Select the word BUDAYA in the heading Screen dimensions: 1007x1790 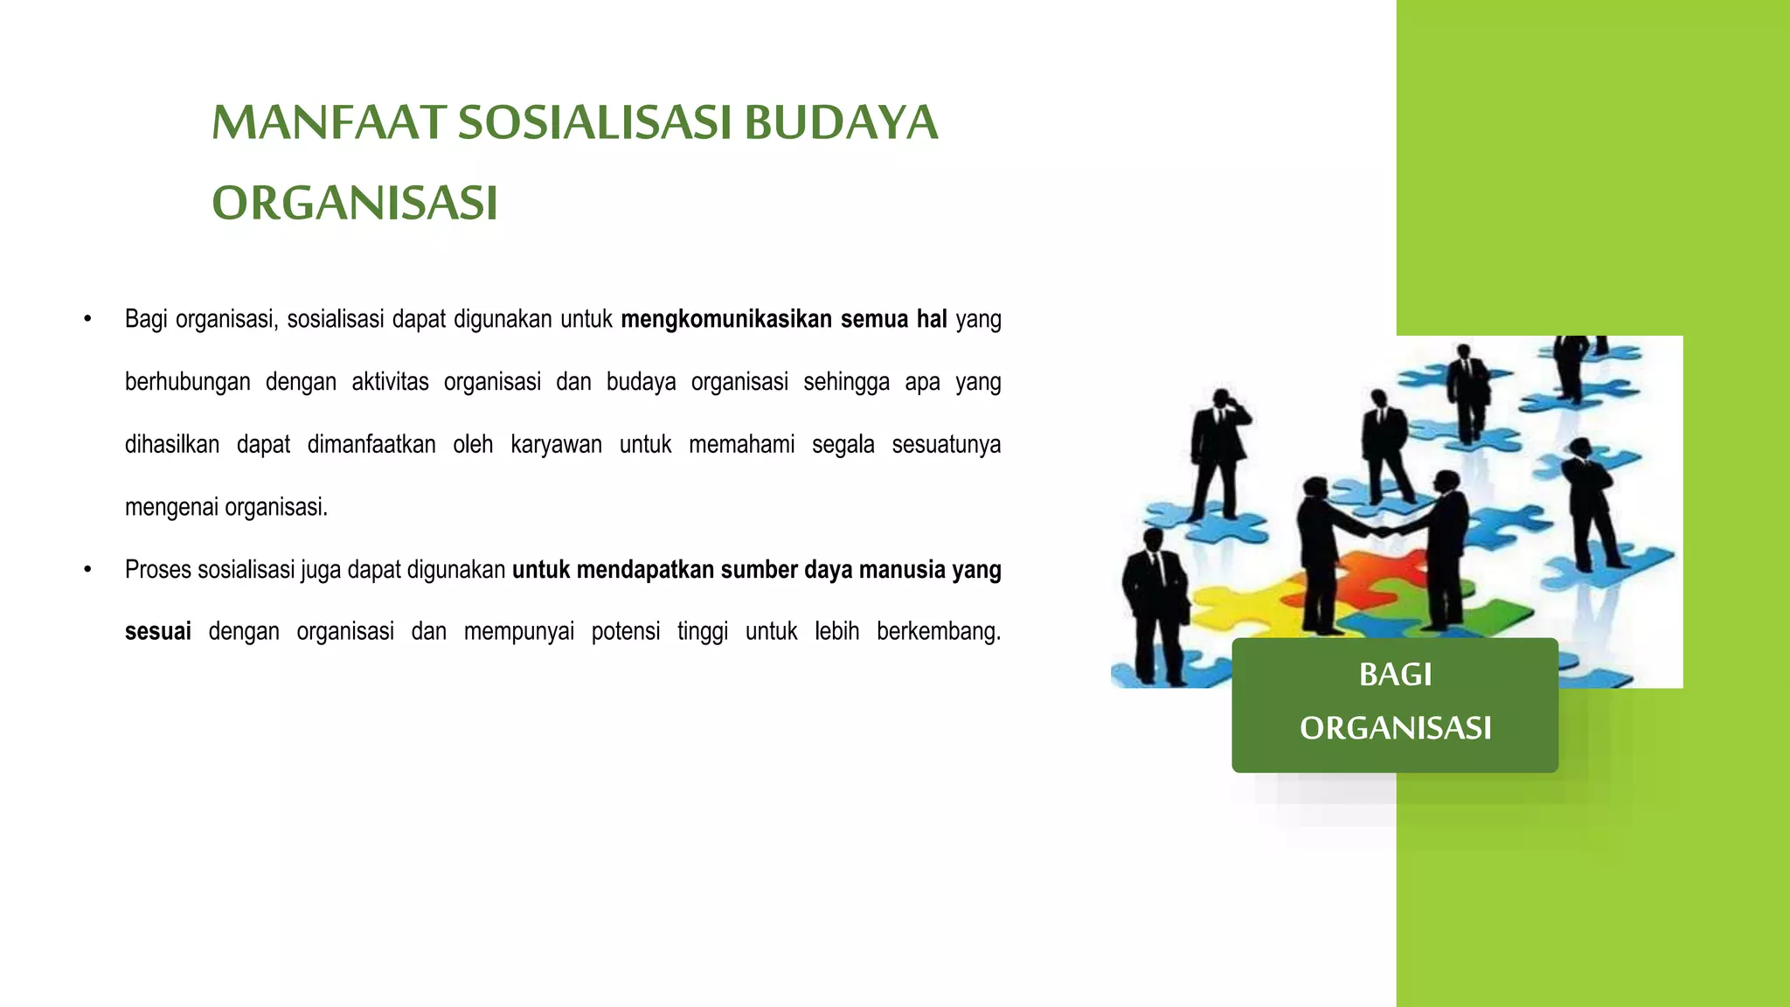click(x=841, y=122)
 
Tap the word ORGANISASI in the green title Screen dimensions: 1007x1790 click(x=355, y=204)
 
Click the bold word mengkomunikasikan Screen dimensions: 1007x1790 click(x=725, y=319)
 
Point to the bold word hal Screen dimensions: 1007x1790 click(x=932, y=319)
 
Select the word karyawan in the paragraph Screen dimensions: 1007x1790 click(x=556, y=445)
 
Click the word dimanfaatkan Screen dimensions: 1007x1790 click(x=371, y=445)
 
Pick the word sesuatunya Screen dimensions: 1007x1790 click(x=946, y=445)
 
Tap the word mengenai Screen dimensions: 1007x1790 click(x=171, y=508)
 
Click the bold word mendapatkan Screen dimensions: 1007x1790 click(x=645, y=570)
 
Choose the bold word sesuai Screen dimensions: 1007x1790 click(x=158, y=632)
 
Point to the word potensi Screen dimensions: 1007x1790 click(x=626, y=632)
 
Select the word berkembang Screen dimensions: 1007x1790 click(x=938, y=632)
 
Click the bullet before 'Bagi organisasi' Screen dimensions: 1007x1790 click(x=87, y=319)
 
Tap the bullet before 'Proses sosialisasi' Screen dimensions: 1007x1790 click(x=87, y=570)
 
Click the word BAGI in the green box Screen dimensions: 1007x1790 click(x=1395, y=675)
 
